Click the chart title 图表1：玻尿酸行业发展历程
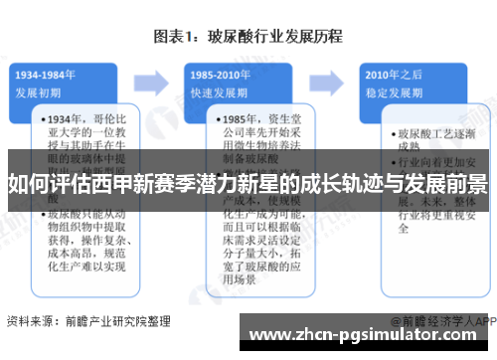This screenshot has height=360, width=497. pos(248,38)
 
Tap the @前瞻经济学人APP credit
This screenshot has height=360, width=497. pos(442,321)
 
